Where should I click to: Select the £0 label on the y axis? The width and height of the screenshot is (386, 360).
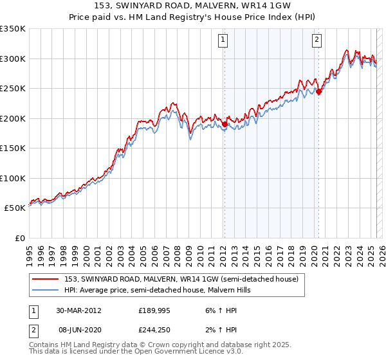(19, 238)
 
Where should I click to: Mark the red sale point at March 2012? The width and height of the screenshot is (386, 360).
(225, 125)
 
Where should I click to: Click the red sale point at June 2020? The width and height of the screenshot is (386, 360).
(318, 92)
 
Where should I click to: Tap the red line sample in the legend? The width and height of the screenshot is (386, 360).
(46, 280)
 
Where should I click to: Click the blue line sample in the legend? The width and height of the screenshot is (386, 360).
(46, 290)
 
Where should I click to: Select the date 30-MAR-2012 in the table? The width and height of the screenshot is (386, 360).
(78, 310)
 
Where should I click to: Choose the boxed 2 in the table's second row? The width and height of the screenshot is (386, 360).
(32, 330)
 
